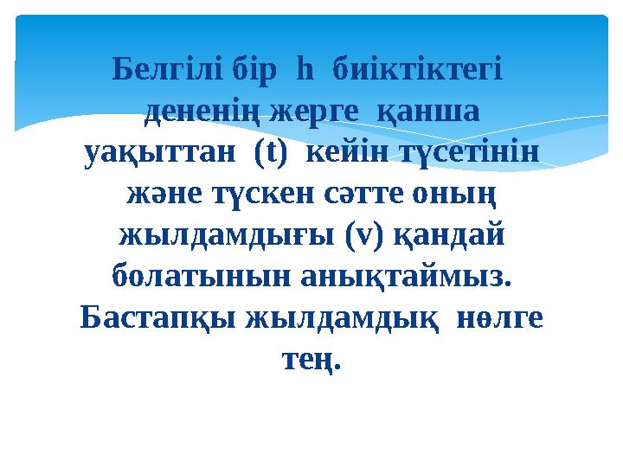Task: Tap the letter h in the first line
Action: (303, 67)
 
